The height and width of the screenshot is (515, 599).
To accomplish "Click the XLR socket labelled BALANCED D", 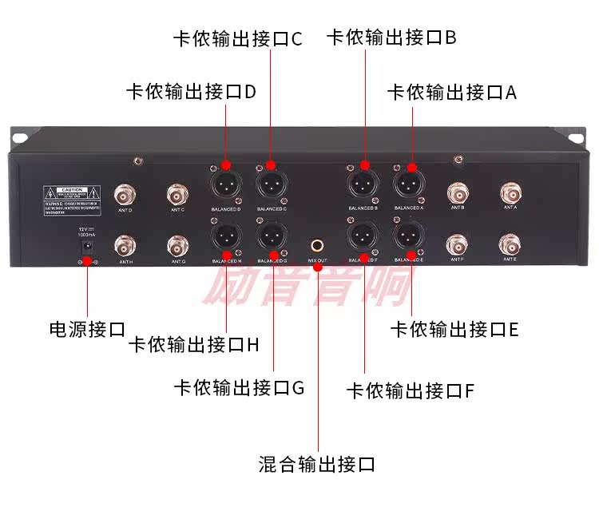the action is tap(226, 185).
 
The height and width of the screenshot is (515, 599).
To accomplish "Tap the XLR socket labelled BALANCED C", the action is tap(272, 184).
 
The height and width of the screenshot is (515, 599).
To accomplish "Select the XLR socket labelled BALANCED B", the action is tap(363, 184).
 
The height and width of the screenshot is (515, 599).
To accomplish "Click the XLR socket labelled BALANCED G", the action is tap(272, 236).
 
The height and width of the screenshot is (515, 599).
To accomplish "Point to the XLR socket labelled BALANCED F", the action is tap(363, 236).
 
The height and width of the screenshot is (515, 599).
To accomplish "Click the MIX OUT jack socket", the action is tap(318, 244).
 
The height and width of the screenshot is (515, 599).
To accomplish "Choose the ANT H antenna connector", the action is tap(125, 244).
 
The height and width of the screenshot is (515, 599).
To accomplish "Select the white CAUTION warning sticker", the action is tap(71, 199).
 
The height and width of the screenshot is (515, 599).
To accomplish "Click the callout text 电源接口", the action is tap(88, 329).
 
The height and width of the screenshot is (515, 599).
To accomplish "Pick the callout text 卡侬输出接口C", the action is tap(238, 38).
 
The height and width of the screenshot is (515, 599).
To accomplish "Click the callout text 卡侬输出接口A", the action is tap(452, 92).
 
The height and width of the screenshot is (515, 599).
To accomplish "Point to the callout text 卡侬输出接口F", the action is tap(411, 390).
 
